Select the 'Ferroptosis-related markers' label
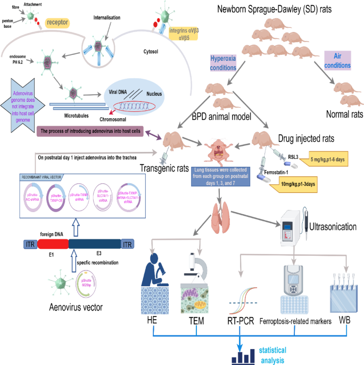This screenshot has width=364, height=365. (296, 321)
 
